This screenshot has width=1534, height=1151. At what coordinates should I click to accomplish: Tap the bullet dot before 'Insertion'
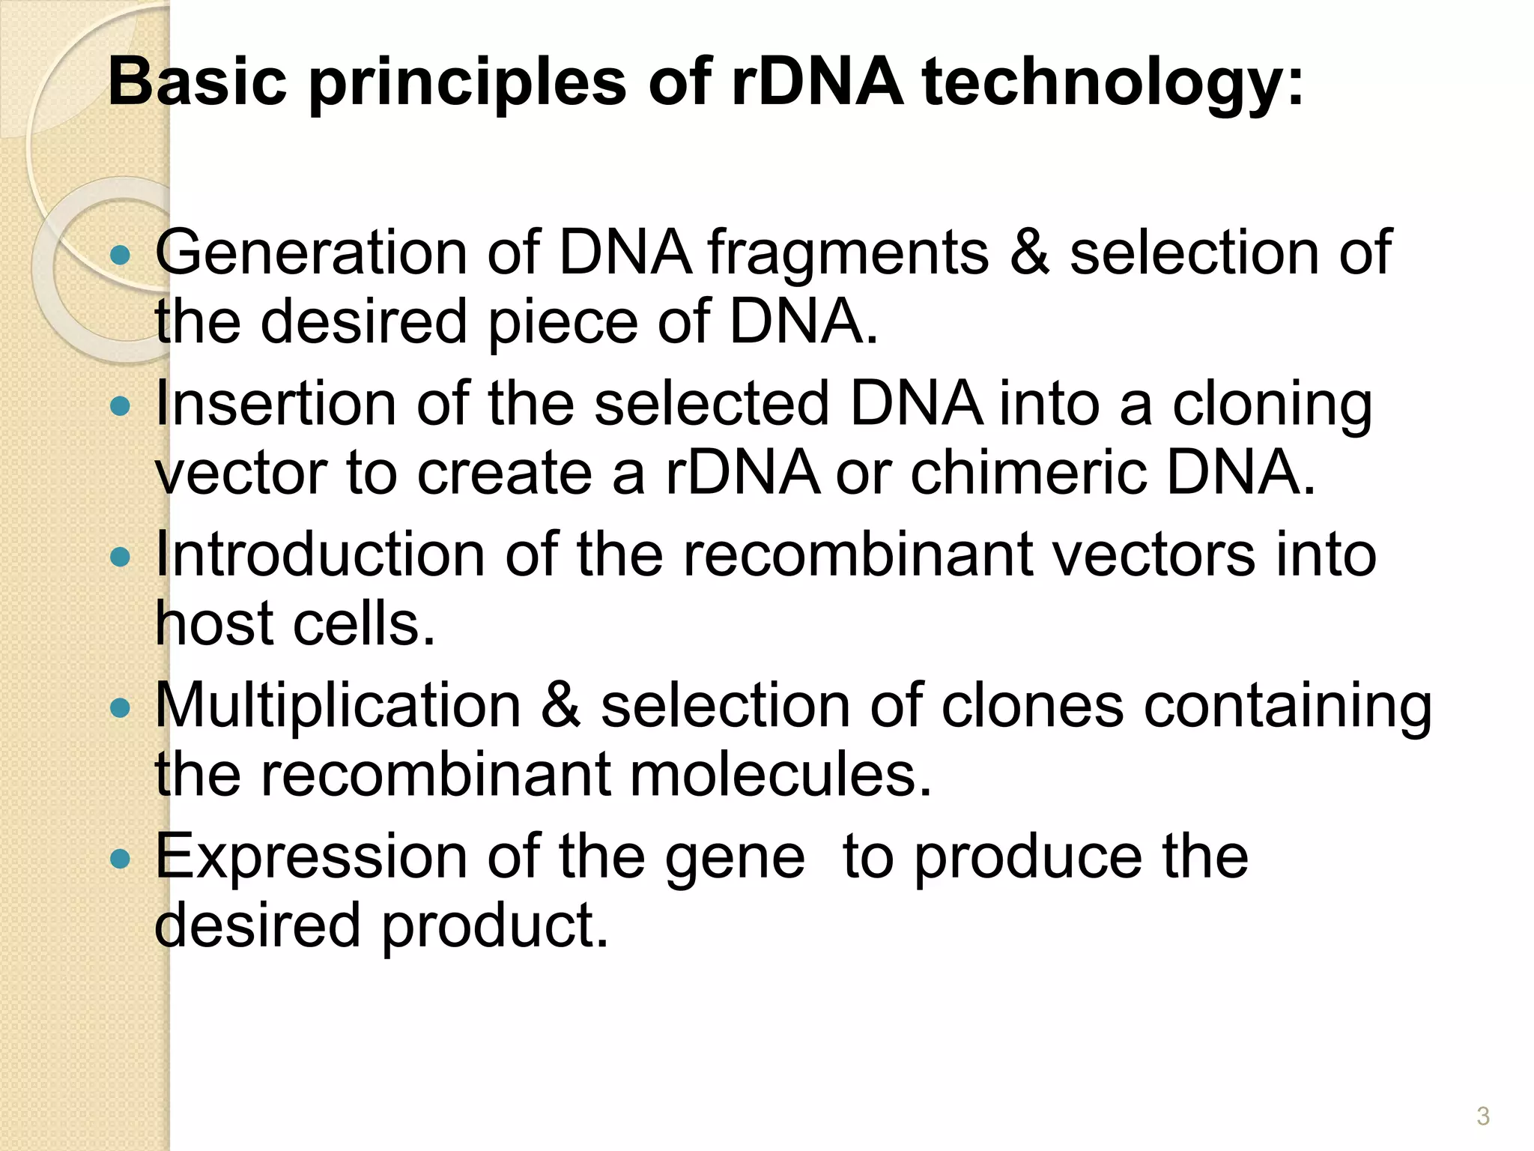(x=120, y=407)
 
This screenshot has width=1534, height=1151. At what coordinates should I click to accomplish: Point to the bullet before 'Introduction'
(x=120, y=558)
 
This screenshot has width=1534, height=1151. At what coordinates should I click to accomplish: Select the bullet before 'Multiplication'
(x=120, y=708)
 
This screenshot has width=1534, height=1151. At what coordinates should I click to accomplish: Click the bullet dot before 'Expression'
(x=120, y=859)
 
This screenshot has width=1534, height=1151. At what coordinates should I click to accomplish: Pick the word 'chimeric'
(x=1028, y=474)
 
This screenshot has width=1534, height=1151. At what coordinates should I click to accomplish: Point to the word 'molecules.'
(x=781, y=775)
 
